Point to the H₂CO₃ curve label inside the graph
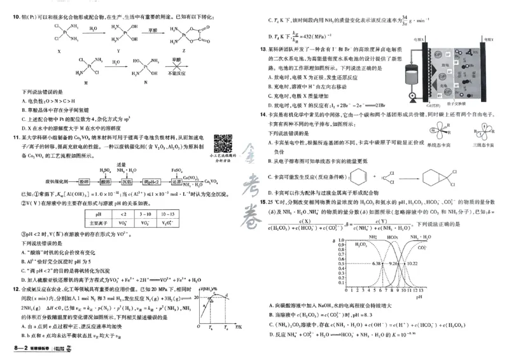(364, 244)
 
